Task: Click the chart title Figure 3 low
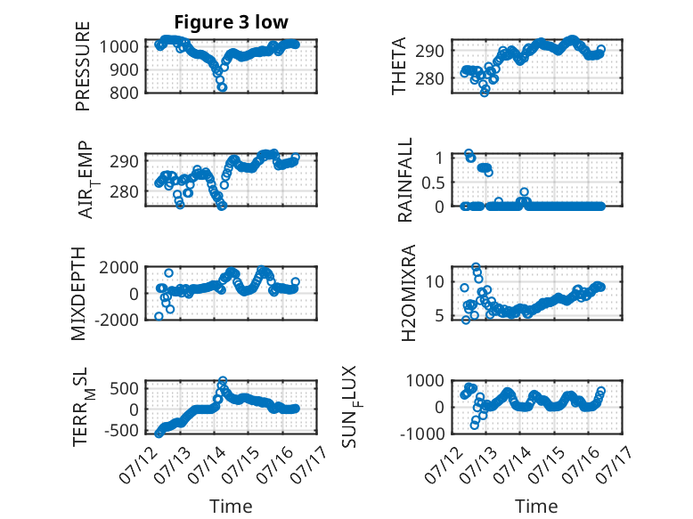[231, 22]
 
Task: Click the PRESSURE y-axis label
[83, 66]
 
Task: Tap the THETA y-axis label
[399, 66]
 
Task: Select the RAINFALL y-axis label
[404, 180]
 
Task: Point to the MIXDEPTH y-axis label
[78, 294]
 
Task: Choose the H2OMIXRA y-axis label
[408, 293]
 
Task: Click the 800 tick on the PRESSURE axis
[125, 93]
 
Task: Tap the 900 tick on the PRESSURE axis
[125, 69]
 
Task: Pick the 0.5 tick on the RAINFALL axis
[433, 182]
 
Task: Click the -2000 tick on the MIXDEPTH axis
[116, 320]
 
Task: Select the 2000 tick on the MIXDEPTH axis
[118, 267]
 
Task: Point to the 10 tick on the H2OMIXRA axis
[435, 281]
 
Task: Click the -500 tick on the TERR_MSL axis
[121, 430]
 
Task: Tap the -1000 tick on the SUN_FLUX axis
[422, 434]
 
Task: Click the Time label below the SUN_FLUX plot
[536, 507]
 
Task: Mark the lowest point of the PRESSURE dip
[223, 87]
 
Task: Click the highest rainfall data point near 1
[469, 153]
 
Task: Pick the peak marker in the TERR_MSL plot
[224, 380]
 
